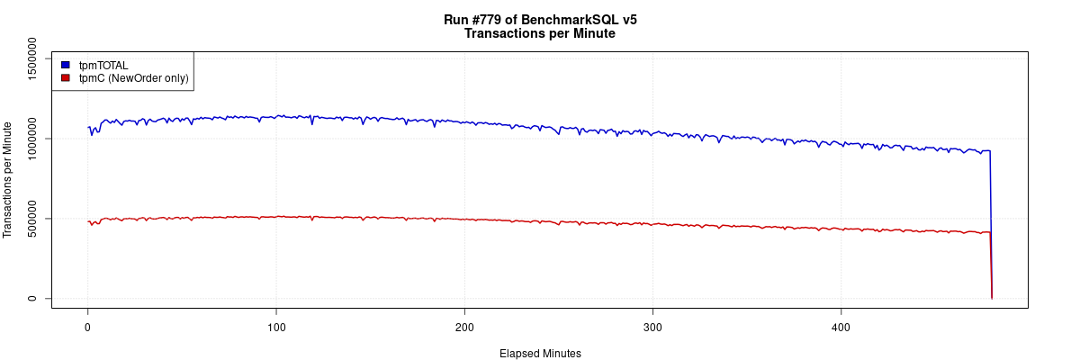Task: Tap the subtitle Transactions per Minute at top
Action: tap(540, 34)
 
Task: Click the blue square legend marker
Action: tap(66, 65)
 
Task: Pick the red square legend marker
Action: tap(66, 78)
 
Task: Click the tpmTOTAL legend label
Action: tap(103, 65)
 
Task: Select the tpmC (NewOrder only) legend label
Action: tap(133, 78)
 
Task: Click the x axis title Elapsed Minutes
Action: tap(540, 354)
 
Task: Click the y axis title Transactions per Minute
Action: tap(8, 180)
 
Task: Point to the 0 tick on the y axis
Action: tap(32, 298)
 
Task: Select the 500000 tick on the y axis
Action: tap(32, 219)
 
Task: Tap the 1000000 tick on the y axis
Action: tap(32, 139)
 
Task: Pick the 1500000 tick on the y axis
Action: tap(32, 59)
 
